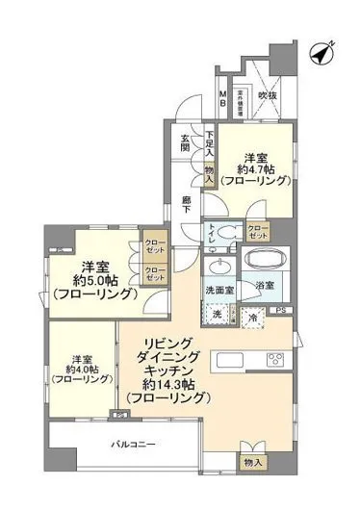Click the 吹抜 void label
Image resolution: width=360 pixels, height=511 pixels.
click(267, 96)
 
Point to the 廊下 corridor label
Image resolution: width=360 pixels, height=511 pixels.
click(188, 204)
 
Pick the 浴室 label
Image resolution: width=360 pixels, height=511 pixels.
click(265, 287)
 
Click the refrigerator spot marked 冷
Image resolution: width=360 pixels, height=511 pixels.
click(250, 315)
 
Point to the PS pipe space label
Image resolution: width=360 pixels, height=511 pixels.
click(282, 310)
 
